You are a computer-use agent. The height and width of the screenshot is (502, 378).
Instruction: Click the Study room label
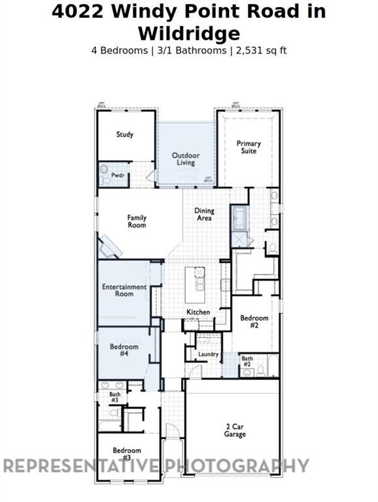coord(125,135)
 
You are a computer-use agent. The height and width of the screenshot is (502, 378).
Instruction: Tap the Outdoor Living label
coord(185,159)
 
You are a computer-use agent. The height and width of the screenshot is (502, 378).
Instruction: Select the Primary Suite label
coord(249,147)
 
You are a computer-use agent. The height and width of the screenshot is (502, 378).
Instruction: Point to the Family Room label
coord(137,222)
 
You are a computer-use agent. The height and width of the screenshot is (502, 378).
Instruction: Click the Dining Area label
coord(205,214)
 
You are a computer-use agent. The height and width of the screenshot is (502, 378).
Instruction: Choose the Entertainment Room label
coord(124,290)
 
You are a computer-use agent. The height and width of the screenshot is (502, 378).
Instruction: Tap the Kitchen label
coord(198,312)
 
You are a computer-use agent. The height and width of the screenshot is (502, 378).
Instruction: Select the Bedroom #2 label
coord(254,322)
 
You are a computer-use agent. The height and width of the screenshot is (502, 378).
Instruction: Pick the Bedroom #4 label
coord(124,350)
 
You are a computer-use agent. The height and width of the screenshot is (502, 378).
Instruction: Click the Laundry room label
coord(208,354)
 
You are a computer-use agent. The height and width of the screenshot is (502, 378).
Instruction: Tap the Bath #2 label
coord(247,361)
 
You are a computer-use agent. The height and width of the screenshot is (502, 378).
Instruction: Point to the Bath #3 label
coord(114,397)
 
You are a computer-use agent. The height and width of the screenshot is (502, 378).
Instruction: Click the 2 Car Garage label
coord(235,430)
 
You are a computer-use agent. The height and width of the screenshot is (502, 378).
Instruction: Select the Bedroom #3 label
coord(127,454)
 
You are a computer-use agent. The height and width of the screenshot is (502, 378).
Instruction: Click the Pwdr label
coord(118,175)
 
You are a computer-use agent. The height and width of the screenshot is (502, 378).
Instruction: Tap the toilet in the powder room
coord(105,174)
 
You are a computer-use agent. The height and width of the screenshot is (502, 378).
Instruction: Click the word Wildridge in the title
coord(189,33)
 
